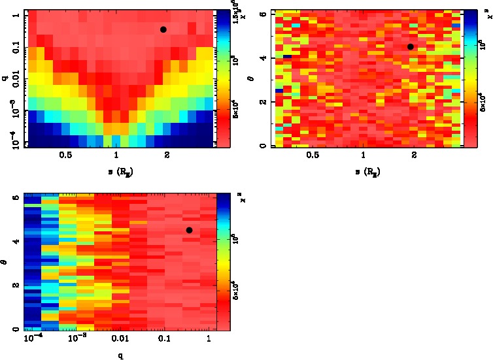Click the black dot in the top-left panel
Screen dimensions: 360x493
(x=163, y=29)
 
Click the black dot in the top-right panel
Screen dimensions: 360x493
(x=411, y=46)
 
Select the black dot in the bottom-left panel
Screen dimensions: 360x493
(x=189, y=230)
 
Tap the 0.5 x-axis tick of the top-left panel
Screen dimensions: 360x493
(x=65, y=155)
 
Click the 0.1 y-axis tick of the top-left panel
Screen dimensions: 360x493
(x=14, y=48)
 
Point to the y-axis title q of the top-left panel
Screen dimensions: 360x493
(x=5, y=78)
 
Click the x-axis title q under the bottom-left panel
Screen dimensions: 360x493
(x=121, y=355)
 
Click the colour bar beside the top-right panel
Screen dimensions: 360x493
(x=470, y=78)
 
